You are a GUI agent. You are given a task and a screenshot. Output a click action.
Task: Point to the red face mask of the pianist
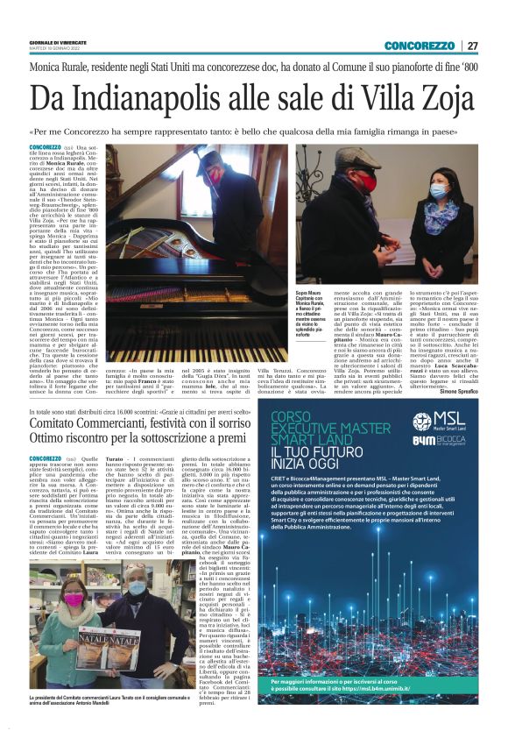pos(216,175)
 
